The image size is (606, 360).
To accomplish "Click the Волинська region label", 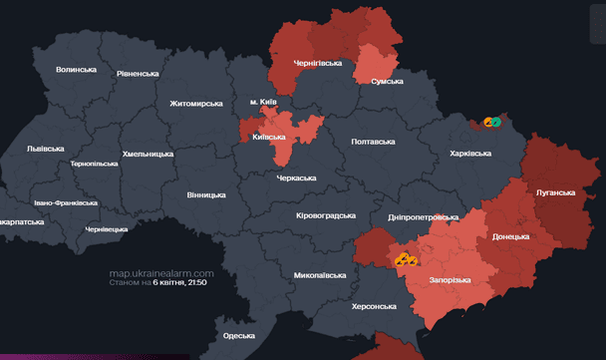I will pyautogui.click(x=76, y=70).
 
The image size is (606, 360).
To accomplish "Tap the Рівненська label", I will pyautogui.click(x=138, y=74).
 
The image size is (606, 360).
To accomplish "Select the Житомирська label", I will pyautogui.click(x=198, y=103).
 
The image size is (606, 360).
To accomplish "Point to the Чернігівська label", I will pyautogui.click(x=317, y=63).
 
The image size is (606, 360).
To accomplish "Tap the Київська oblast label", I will pyautogui.click(x=272, y=137).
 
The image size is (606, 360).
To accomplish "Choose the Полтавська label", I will pyautogui.click(x=374, y=142).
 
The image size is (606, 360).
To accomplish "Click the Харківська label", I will pyautogui.click(x=470, y=154).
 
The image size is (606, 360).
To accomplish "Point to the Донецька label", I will pyautogui.click(x=511, y=237).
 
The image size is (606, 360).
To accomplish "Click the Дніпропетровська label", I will pyautogui.click(x=423, y=216).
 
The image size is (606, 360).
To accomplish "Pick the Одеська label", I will pyautogui.click(x=238, y=336).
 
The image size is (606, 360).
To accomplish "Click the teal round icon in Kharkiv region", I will pyautogui.click(x=495, y=122).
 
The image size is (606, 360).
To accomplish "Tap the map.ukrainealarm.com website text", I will pyautogui.click(x=161, y=272).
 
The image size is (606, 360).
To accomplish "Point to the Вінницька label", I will pyautogui.click(x=206, y=194).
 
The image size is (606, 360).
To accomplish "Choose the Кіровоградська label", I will pyautogui.click(x=326, y=215).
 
